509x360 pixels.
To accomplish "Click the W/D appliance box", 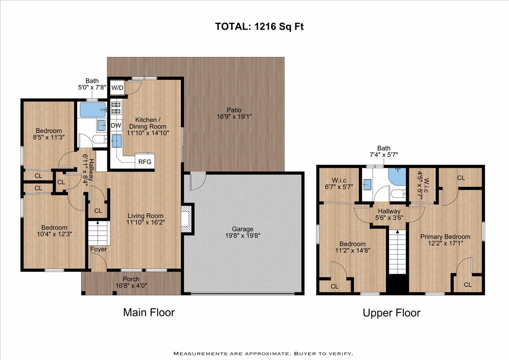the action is pos(117,87).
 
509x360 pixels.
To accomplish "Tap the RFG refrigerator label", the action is pos(145,162).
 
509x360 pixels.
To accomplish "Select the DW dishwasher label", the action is pos(116,126).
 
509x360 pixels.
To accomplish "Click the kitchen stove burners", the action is pos(116,108).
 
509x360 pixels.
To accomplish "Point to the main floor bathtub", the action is pos(93,110).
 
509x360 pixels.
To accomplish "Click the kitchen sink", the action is pos(116,141).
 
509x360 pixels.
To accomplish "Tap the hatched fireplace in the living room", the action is pos(186,219).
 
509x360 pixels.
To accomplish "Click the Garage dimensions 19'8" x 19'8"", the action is pos(243,235).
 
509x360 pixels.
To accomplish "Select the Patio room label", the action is pos(234,110).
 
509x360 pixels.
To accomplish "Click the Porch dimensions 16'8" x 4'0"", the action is pos(131,285).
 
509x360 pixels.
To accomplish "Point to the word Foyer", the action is pos(98,249).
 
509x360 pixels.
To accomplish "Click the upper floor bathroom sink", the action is pos(367,184).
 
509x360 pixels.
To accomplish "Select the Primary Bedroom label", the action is pos(445,236).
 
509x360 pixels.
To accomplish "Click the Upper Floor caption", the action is pos(392,313).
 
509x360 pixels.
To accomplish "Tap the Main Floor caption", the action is pos(149,312).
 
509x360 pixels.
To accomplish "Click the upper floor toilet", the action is pos(398,194).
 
